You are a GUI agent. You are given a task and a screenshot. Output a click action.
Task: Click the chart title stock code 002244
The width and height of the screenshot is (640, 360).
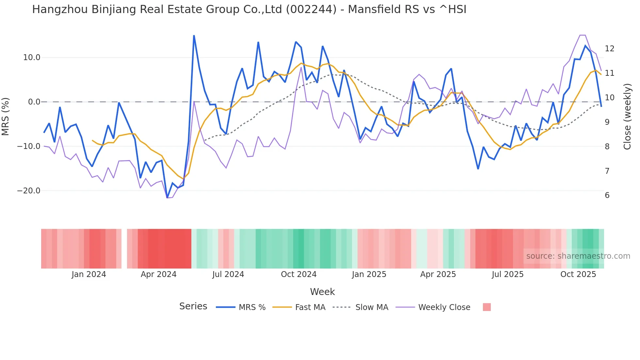tap(311, 9)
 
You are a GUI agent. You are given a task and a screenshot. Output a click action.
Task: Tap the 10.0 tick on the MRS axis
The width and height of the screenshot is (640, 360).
tap(32, 57)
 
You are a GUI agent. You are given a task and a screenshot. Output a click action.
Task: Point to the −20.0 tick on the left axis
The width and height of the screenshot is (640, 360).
tap(29, 191)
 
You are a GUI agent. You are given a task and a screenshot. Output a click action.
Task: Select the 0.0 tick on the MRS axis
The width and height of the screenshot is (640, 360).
tap(34, 102)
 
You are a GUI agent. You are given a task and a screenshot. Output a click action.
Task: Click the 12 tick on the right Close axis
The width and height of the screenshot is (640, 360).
tap(609, 49)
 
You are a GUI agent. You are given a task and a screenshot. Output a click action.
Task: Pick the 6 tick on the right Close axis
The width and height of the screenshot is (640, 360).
tap(607, 195)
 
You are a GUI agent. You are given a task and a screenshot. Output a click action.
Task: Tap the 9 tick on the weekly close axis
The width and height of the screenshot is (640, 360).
tap(607, 122)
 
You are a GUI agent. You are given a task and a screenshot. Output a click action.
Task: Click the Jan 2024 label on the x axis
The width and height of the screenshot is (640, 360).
tap(89, 274)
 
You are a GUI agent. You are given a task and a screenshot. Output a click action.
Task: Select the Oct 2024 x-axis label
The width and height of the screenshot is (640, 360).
tap(298, 274)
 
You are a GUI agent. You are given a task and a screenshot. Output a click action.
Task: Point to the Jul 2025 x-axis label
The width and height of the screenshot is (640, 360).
tap(507, 274)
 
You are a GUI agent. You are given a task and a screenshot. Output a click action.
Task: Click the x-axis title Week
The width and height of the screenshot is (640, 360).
tap(322, 292)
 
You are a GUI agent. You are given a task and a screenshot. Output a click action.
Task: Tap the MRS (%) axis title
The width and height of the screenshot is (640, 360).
tap(6, 116)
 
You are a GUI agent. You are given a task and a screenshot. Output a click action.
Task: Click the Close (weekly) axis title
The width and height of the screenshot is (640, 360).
tap(627, 117)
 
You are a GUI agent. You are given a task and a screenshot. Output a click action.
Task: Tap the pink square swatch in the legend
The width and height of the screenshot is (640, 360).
tap(487, 307)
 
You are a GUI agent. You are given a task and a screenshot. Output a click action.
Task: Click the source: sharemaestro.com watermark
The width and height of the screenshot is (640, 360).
tap(578, 256)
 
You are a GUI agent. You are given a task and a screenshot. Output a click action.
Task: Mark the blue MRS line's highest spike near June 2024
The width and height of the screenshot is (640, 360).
tap(194, 36)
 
